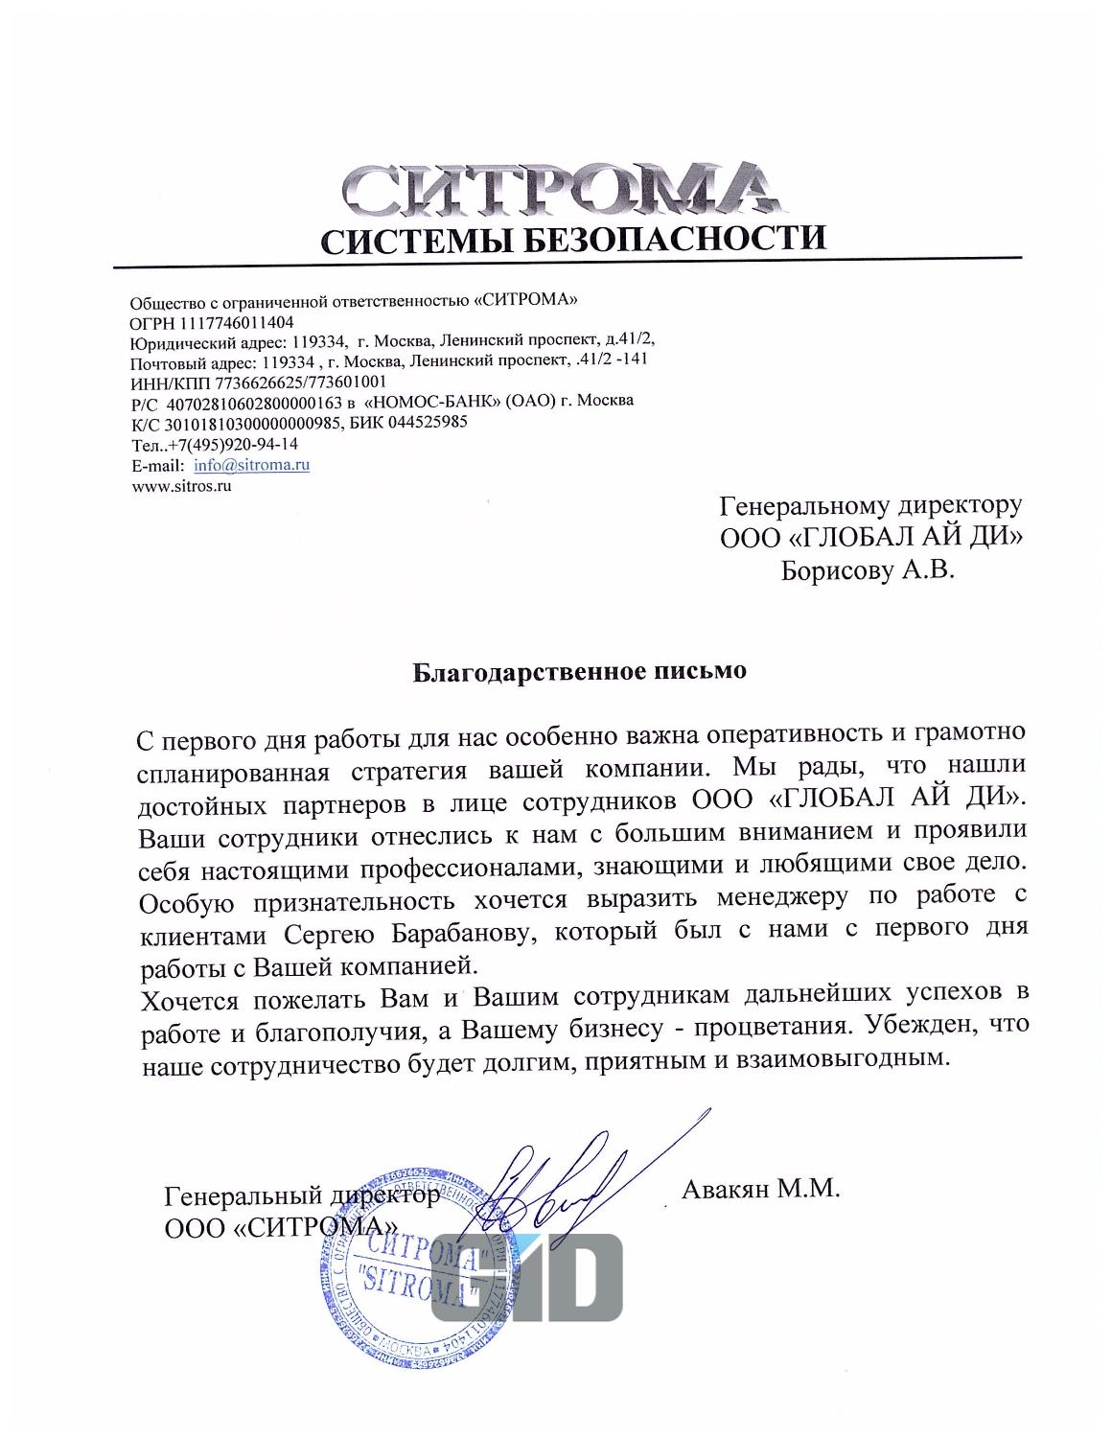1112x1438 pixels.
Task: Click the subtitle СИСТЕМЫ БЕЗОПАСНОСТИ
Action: coord(572,239)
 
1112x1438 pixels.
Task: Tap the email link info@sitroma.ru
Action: coord(251,466)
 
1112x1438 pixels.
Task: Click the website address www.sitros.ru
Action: coord(182,486)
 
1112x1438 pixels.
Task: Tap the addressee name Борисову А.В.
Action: coord(868,571)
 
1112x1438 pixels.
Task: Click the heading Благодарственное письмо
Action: coord(579,671)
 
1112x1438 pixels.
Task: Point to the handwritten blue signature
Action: coord(561,1180)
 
